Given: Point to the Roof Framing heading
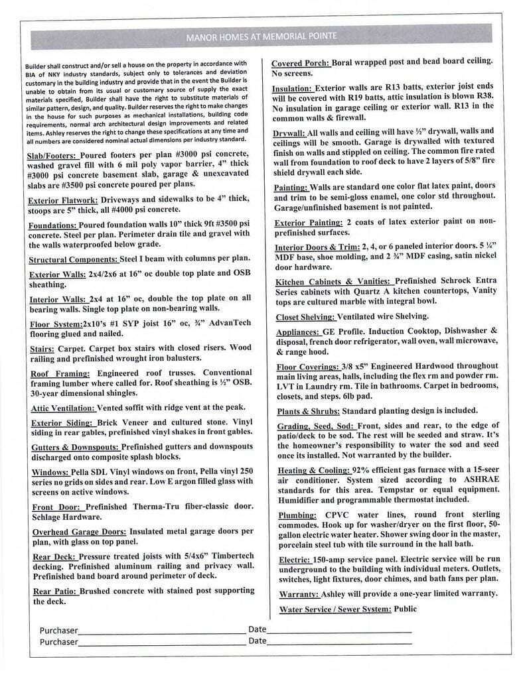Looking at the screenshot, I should pyautogui.click(x=61, y=373).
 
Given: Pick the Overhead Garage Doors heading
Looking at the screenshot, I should pyautogui.click(x=79, y=532).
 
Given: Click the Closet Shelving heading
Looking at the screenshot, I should pyautogui.click(x=305, y=317).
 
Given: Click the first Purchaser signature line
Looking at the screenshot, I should pyautogui.click(x=161, y=631).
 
